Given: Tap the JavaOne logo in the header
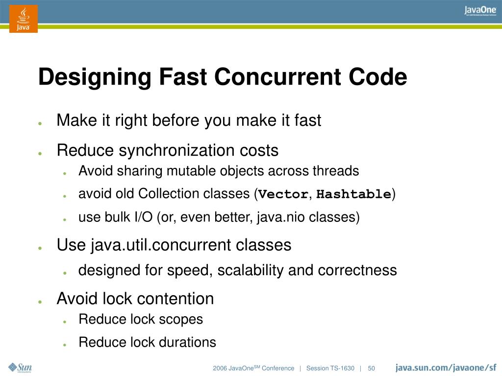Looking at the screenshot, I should (x=480, y=11).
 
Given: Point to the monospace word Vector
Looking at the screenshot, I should (x=283, y=194).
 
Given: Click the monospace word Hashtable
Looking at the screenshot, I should (x=353, y=194).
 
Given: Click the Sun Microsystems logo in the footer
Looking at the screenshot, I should (x=20, y=368).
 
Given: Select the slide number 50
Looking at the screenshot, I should (x=371, y=368).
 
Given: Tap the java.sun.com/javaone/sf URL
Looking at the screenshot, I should (x=446, y=368).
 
